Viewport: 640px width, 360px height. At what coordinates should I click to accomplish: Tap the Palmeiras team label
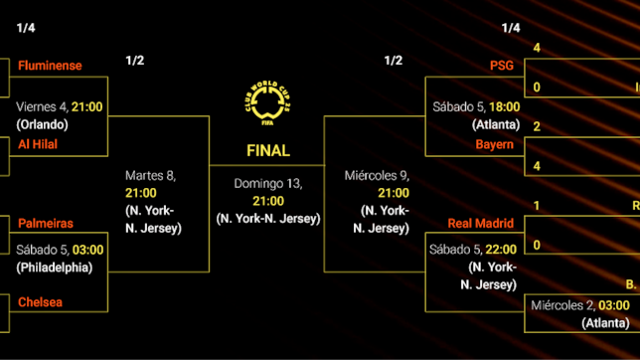[x=45, y=224]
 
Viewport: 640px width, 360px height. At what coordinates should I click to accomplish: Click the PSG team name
[x=502, y=66]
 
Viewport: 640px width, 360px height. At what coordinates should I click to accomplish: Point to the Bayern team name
[x=495, y=144]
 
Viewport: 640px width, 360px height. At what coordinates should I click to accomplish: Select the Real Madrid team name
[x=481, y=224]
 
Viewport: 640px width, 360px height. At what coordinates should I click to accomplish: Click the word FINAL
[x=268, y=151]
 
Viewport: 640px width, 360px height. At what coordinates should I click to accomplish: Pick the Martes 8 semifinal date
[x=150, y=176]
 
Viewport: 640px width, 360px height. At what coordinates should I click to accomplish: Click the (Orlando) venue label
[x=42, y=124]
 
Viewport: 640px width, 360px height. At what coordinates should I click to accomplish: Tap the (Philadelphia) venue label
[x=54, y=267]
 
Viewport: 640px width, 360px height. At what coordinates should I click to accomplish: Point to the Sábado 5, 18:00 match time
[x=476, y=107]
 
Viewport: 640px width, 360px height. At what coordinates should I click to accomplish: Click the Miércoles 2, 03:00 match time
[x=580, y=305]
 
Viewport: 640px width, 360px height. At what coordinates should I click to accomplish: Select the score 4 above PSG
[x=537, y=48]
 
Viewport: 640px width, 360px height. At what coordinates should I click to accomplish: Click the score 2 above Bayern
[x=537, y=126]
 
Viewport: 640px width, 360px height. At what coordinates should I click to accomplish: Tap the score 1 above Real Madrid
[x=537, y=206]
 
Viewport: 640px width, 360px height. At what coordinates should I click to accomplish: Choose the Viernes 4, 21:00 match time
[x=60, y=107]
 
